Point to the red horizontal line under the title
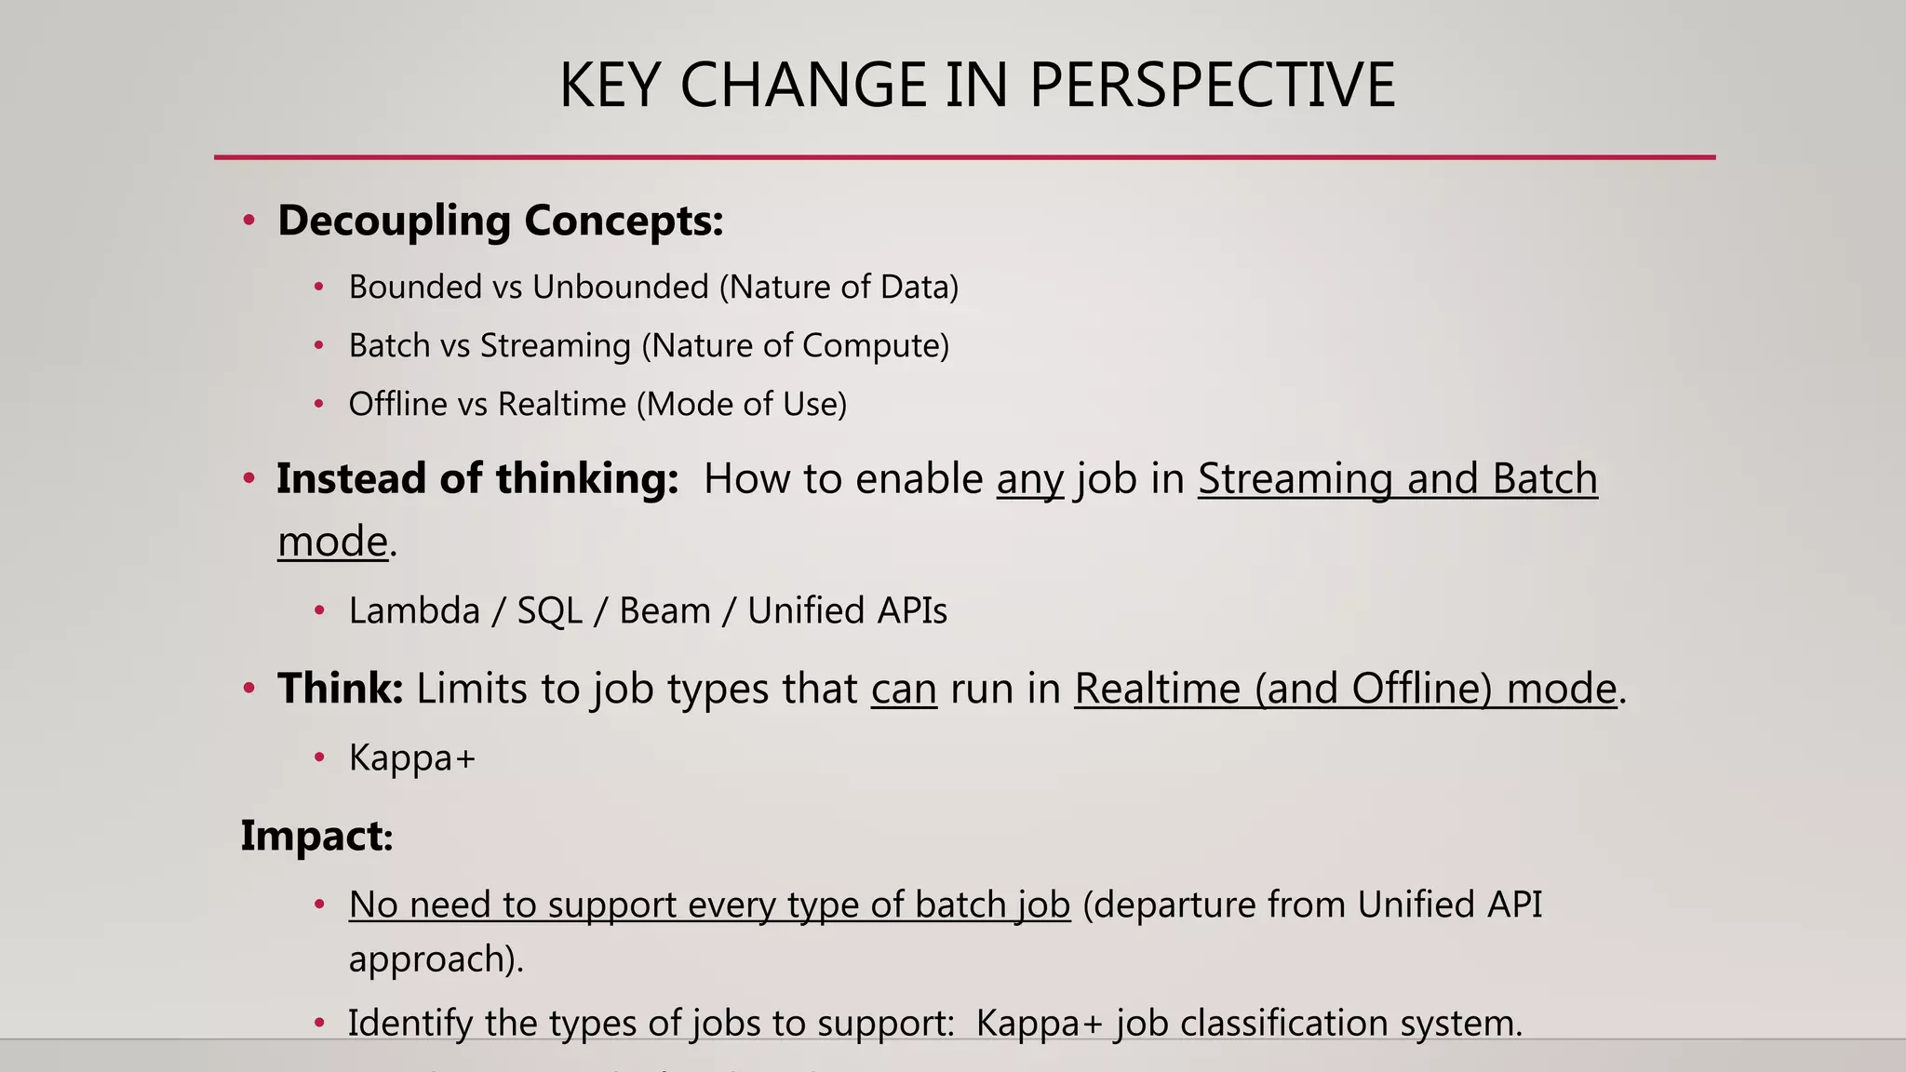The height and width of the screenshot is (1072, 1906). click(964, 157)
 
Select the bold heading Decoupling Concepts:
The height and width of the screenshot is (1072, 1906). click(500, 221)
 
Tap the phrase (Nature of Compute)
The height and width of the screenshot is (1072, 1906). click(796, 345)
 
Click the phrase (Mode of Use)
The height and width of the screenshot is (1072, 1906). click(742, 404)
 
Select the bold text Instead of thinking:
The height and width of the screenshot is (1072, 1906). click(477, 478)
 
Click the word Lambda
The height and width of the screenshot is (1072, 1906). click(414, 610)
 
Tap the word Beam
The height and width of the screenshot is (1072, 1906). click(664, 610)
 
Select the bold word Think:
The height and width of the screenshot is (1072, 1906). click(340, 689)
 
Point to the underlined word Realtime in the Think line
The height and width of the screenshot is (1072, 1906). click(1157, 690)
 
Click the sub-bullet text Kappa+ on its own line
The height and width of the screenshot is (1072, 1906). click(411, 757)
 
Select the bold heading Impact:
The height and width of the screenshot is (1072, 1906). click(316, 836)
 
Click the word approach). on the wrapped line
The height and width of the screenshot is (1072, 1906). click(436, 959)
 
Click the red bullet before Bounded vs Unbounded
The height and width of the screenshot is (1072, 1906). click(318, 288)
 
